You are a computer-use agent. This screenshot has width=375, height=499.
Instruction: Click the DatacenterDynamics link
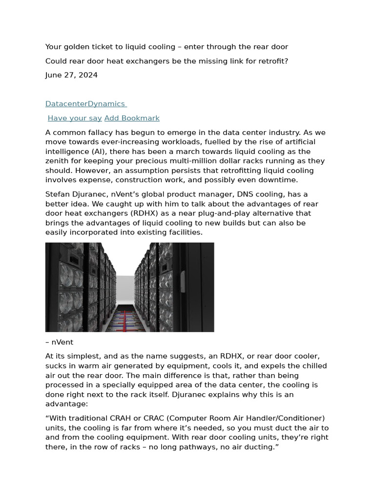(x=85, y=104)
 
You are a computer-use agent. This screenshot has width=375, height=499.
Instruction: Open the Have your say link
(x=75, y=118)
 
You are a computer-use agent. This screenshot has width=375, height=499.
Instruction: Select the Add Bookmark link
(x=132, y=118)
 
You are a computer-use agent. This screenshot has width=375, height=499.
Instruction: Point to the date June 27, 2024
(x=71, y=75)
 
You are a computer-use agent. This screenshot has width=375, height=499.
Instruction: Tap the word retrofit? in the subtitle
(x=273, y=61)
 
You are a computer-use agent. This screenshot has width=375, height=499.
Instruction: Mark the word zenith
(x=57, y=161)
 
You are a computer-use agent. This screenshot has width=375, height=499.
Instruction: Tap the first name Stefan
(x=57, y=194)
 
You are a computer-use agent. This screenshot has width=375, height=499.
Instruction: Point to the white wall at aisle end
(x=125, y=288)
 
